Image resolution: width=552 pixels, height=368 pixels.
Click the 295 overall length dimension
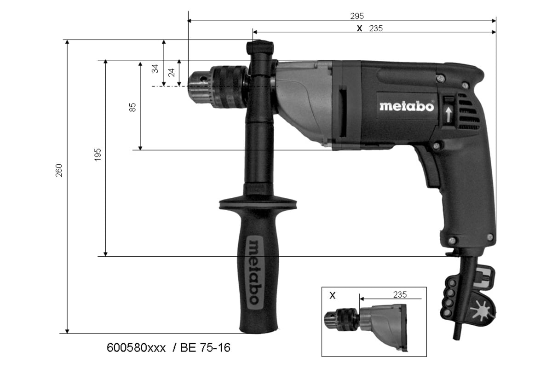click(357, 16)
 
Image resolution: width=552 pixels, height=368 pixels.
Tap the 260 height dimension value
click(59, 170)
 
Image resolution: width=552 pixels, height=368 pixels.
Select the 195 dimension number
click(98, 155)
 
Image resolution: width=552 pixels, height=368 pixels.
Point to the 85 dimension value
click(132, 107)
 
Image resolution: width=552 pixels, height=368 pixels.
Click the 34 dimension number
click(155, 69)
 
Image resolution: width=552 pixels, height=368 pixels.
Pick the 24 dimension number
click(171, 73)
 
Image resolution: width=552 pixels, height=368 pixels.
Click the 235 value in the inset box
click(400, 294)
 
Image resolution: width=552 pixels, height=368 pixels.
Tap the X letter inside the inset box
click(333, 295)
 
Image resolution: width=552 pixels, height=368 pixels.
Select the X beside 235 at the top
click(360, 29)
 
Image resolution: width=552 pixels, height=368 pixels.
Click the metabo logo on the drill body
click(407, 106)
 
